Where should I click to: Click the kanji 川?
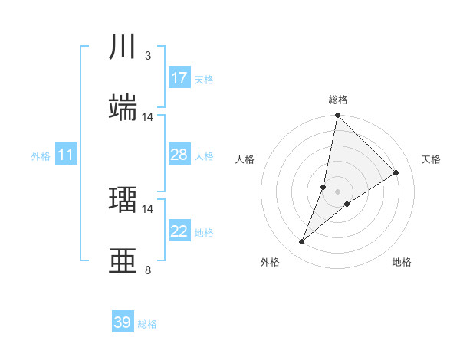coord(123,46)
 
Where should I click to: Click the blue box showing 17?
coord(179,78)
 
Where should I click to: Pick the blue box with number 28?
coord(179,155)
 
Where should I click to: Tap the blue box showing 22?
coord(179,231)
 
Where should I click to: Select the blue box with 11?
coord(66,155)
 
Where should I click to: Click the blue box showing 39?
coord(122,322)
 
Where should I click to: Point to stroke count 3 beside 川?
coord(148,56)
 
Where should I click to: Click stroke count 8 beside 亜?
coord(148,270)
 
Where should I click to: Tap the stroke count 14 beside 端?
coord(148,117)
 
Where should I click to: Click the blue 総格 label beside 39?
coord(147,324)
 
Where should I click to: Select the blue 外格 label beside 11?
coord(41,156)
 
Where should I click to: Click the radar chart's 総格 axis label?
coord(337,100)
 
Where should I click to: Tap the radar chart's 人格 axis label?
coord(245,159)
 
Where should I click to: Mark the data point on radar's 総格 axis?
coord(337,116)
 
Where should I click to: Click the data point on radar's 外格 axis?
coord(302,242)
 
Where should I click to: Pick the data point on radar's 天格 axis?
coord(396,172)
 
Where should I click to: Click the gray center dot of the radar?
coord(337,191)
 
